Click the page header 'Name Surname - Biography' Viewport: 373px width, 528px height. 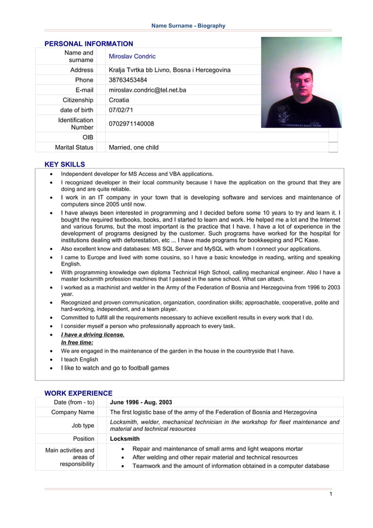pyautogui.click(x=188, y=26)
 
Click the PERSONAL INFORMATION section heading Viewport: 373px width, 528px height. pyautogui.click(x=89, y=44)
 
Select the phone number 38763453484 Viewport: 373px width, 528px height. pyautogui.click(x=128, y=80)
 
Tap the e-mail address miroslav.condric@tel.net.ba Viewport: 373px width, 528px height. pyautogui.click(x=147, y=90)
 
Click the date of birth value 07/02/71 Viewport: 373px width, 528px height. pyautogui.click(x=121, y=110)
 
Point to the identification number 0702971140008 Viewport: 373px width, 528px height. pyautogui.click(x=132, y=124)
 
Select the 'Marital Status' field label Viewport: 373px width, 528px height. pyautogui.click(x=74, y=147)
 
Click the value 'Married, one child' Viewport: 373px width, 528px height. pyautogui.click(x=133, y=147)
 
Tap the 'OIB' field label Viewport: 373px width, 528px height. pyautogui.click(x=88, y=137)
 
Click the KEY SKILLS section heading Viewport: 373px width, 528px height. pyautogui.click(x=65, y=164)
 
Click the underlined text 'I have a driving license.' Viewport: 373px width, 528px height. pyautogui.click(x=92, y=334)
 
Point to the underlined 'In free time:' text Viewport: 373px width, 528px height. pyautogui.click(x=77, y=343)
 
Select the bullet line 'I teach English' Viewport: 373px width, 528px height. pyautogui.click(x=80, y=360)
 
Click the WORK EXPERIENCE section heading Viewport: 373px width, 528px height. pyautogui.click(x=78, y=393)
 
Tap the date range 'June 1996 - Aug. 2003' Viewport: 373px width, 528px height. pyautogui.click(x=141, y=402)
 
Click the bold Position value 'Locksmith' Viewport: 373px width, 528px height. pyautogui.click(x=125, y=438)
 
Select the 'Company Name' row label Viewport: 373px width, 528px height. pyautogui.click(x=72, y=412)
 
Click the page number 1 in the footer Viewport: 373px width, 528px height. pyautogui.click(x=330, y=494)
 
